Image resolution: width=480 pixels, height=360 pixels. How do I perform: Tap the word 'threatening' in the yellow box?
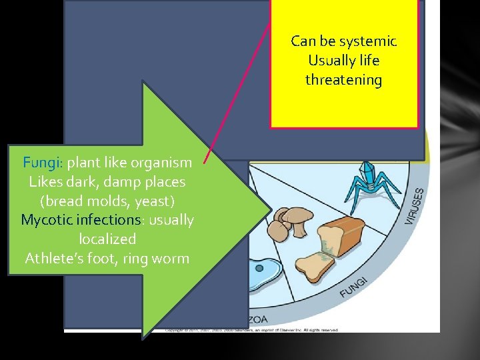(343, 80)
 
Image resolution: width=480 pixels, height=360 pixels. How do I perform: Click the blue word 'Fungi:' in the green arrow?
(43, 162)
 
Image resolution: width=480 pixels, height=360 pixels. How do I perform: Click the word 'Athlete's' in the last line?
(55, 258)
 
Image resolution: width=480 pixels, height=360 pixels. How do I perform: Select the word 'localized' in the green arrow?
(107, 239)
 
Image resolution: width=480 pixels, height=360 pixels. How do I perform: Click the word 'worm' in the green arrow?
(172, 258)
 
